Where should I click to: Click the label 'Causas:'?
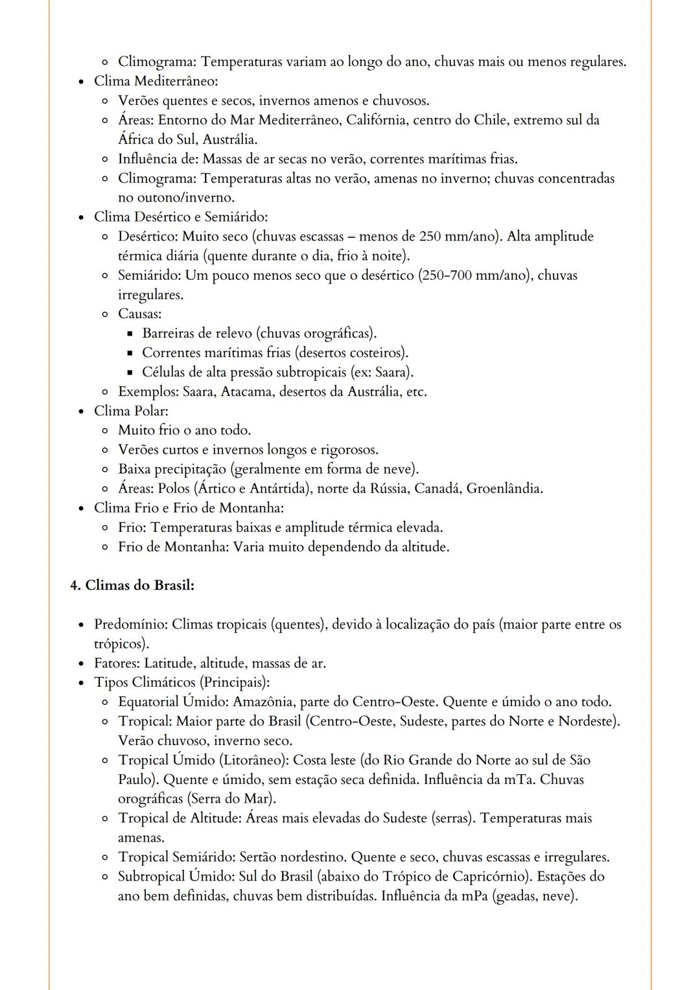(139, 314)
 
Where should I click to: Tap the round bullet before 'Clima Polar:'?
(81, 411)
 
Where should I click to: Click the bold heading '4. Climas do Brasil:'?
(132, 585)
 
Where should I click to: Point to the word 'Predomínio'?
(130, 625)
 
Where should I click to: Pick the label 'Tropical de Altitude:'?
(180, 818)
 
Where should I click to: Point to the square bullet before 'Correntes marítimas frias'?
(130, 353)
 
